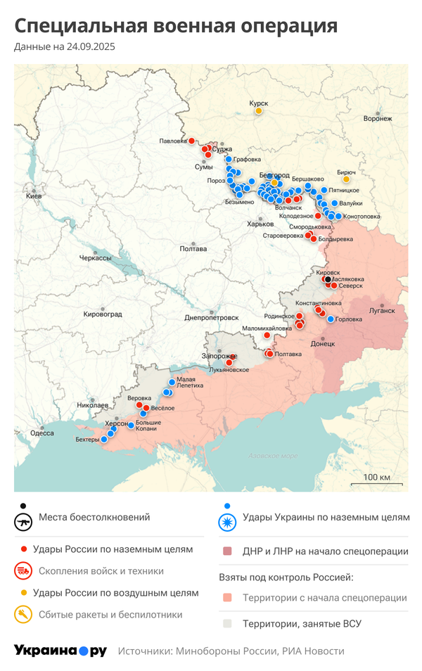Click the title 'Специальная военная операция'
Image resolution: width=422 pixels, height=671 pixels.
click(x=176, y=26)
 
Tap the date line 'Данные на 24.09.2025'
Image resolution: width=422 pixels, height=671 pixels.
click(x=64, y=47)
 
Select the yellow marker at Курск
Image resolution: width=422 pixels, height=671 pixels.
click(x=259, y=110)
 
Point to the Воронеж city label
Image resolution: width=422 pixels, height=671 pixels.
click(x=378, y=118)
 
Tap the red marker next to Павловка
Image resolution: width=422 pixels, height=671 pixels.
click(x=191, y=141)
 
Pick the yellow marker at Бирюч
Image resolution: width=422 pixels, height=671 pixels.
click(x=346, y=179)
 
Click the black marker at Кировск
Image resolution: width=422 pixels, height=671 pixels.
click(x=328, y=279)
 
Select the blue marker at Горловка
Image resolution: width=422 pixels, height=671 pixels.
click(x=331, y=319)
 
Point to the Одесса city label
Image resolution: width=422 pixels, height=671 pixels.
click(x=42, y=433)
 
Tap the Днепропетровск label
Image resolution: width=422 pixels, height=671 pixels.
click(x=211, y=318)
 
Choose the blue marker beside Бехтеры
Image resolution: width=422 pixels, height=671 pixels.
click(x=104, y=440)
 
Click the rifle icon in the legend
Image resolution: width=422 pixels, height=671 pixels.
click(x=25, y=523)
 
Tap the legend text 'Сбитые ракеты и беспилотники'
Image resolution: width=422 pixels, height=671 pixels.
click(x=110, y=615)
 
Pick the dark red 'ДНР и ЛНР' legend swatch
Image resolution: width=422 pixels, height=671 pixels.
click(x=226, y=552)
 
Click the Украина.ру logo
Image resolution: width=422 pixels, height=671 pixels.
click(x=60, y=651)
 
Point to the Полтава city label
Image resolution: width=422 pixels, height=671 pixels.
click(x=193, y=248)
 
